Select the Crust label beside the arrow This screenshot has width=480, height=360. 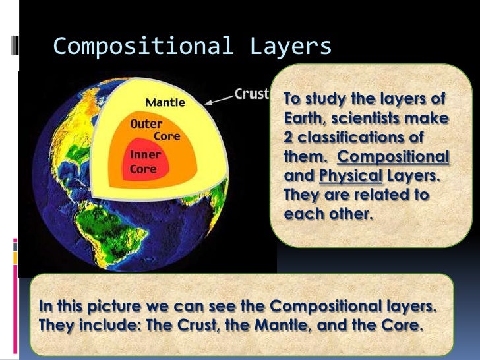(x=251, y=94)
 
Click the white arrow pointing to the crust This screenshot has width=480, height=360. (x=218, y=100)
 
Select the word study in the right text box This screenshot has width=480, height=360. (x=323, y=100)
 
